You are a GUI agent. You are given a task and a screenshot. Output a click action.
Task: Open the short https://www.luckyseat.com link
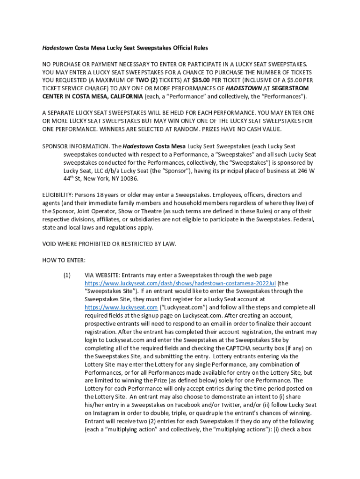click(x=121, y=307)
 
